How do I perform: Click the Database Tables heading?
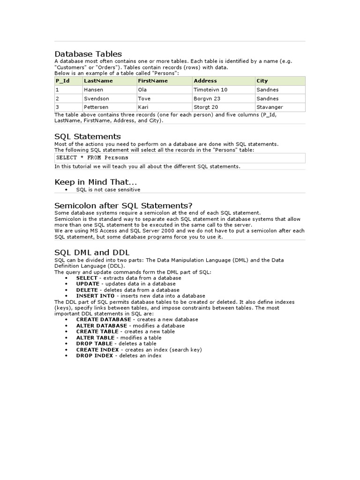pyautogui.click(x=88, y=54)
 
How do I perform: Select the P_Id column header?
pyautogui.click(x=62, y=81)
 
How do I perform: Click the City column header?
pyautogui.click(x=262, y=81)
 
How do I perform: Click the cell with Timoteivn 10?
pyautogui.click(x=210, y=90)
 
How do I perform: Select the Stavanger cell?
pyautogui.click(x=270, y=107)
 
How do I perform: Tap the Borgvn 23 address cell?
pyautogui.click(x=207, y=98)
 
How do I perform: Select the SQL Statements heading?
pyautogui.click(x=88, y=136)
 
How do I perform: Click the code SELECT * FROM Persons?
pyautogui.click(x=92, y=157)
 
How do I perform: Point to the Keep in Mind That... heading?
pyautogui.click(x=96, y=181)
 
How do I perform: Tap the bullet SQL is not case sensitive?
pyautogui.click(x=108, y=190)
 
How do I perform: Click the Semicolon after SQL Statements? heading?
pyautogui.click(x=124, y=205)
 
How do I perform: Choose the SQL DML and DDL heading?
pyautogui.click(x=92, y=252)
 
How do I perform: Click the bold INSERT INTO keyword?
pyautogui.click(x=94, y=296)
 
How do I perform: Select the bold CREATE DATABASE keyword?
pyautogui.click(x=104, y=319)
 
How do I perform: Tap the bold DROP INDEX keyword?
pyautogui.click(x=95, y=356)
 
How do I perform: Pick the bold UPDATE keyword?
pyautogui.click(x=88, y=284)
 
